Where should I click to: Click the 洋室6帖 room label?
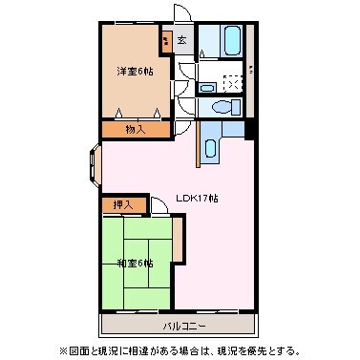pyautogui.click(x=133, y=72)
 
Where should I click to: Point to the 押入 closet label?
pyautogui.click(x=123, y=203)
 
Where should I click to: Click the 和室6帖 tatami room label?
pyautogui.click(x=133, y=263)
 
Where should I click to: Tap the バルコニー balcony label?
pyautogui.click(x=180, y=326)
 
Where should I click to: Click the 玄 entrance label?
pyautogui.click(x=181, y=39)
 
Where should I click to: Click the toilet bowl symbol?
pyautogui.click(x=222, y=106)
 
